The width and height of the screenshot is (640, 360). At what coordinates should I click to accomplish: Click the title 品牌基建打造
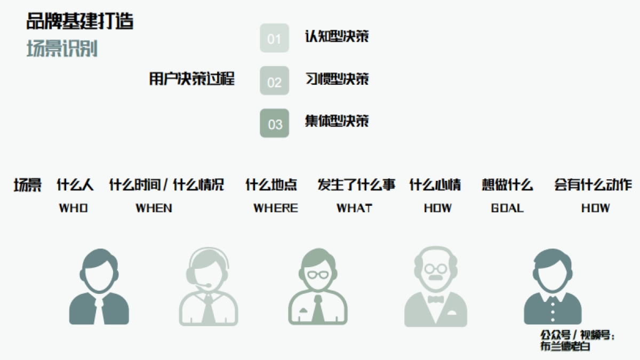[80, 21]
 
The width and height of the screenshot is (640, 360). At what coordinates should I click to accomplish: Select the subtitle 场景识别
[62, 49]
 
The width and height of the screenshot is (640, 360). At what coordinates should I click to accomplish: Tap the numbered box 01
[274, 38]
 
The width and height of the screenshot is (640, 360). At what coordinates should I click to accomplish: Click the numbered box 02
[274, 81]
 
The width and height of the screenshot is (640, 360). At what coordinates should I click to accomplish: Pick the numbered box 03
[274, 124]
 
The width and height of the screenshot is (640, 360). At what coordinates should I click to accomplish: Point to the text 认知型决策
[337, 36]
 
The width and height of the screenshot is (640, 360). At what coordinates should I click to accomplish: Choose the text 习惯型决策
[337, 79]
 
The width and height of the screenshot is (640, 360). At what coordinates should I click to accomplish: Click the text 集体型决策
[337, 121]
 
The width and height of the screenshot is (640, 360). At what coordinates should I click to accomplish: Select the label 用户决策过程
[192, 79]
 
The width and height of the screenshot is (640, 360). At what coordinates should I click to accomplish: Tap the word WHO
[74, 208]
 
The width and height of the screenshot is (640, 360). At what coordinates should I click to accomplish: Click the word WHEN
[154, 208]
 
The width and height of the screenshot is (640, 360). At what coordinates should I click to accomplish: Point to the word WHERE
[275, 208]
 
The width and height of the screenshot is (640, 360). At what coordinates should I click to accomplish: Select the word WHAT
[354, 208]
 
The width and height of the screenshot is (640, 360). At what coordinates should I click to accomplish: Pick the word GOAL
[507, 208]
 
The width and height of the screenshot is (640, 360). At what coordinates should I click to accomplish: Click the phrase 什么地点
[271, 185]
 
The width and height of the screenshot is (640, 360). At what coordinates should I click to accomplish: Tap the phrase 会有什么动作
[593, 185]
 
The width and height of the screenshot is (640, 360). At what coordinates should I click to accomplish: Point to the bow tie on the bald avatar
[436, 299]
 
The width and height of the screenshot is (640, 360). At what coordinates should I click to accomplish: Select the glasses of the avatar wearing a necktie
[318, 274]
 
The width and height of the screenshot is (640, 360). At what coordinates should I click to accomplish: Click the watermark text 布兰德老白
[565, 346]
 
